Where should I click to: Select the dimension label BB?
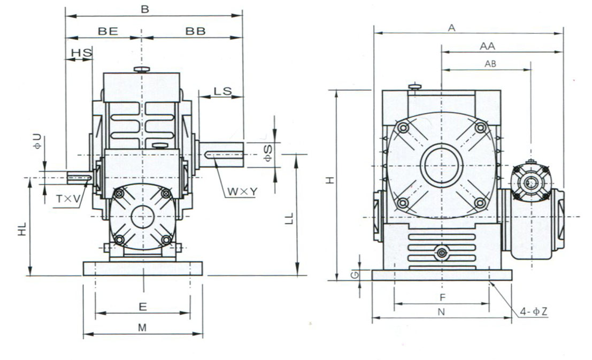(x=196, y=32)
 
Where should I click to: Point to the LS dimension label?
(x=222, y=91)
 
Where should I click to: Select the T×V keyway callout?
(x=68, y=199)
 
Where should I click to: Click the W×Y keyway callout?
(x=240, y=190)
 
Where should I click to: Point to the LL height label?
(x=289, y=217)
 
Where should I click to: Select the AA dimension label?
(x=487, y=47)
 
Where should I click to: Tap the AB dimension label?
(x=490, y=64)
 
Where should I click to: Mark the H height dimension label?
(x=331, y=181)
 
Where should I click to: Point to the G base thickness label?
(x=353, y=275)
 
